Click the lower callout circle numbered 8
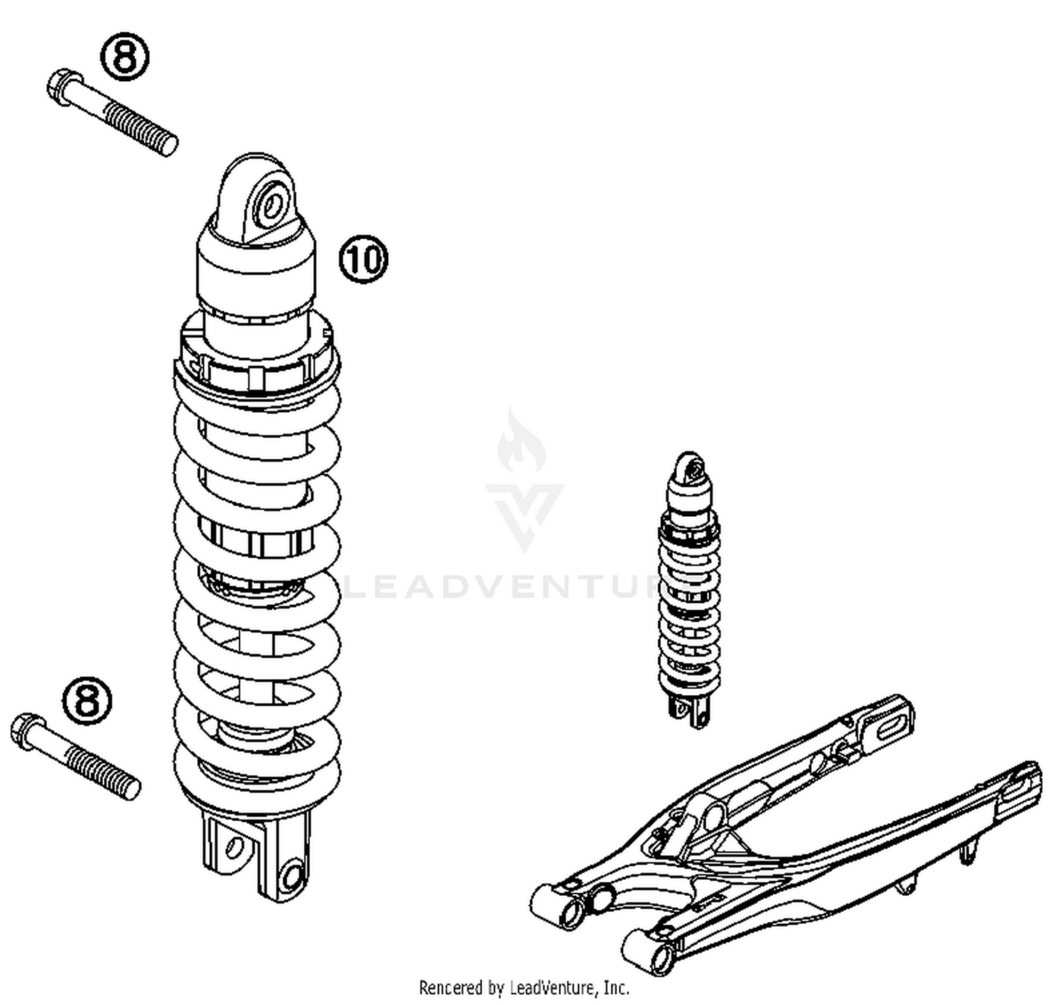(87, 700)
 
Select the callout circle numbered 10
(363, 259)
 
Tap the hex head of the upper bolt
(62, 87)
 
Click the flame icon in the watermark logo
(521, 442)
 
